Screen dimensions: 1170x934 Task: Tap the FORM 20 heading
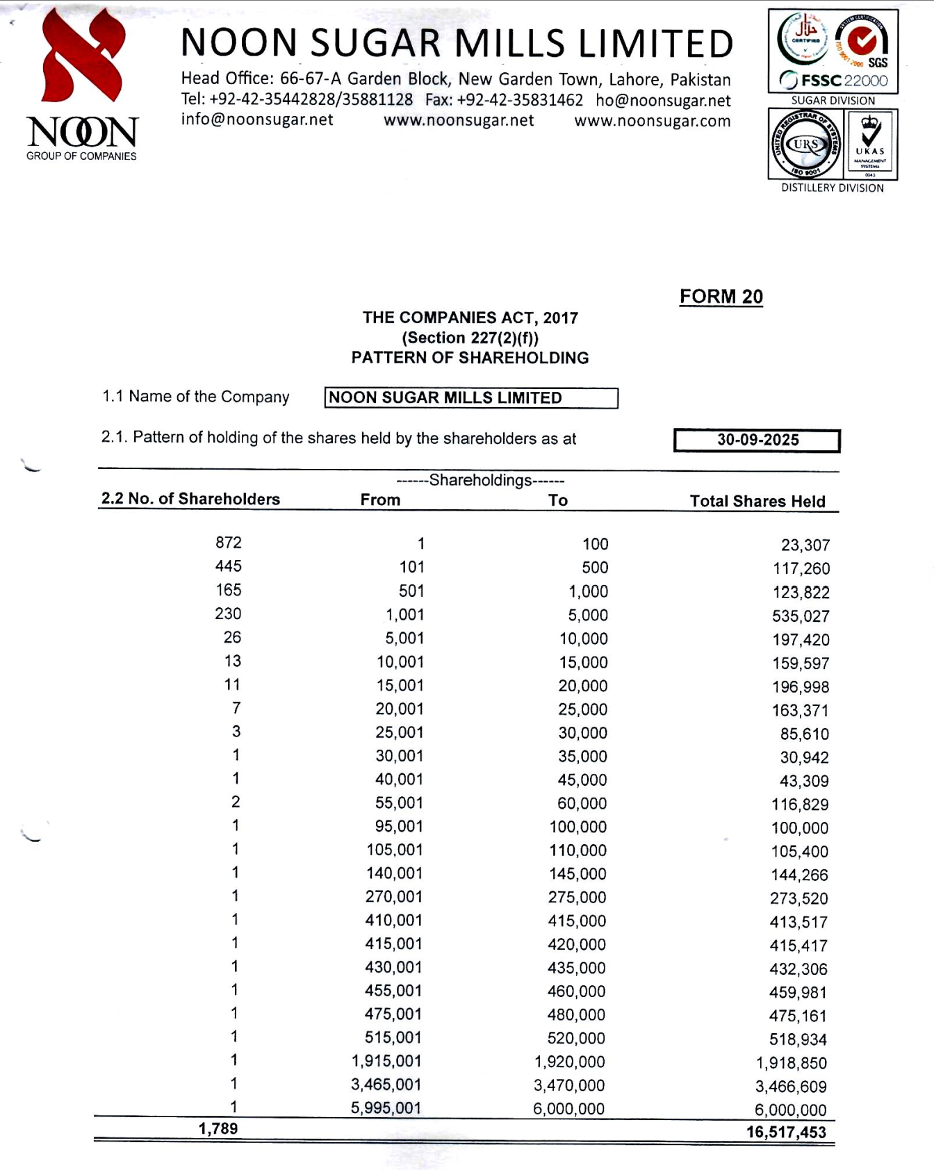click(x=721, y=297)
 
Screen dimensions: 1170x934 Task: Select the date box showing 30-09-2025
click(x=757, y=440)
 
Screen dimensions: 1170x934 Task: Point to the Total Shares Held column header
click(x=757, y=502)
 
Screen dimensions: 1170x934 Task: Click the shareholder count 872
click(x=229, y=543)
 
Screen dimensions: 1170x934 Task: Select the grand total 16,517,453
click(x=786, y=1132)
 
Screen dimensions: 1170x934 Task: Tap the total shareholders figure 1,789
click(x=218, y=1129)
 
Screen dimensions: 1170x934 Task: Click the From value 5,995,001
click(x=386, y=1108)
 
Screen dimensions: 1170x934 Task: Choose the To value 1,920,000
click(x=569, y=1062)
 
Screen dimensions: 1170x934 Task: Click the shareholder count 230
click(x=228, y=613)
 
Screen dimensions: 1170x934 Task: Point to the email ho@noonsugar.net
click(x=663, y=101)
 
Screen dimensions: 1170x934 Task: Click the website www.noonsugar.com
click(x=652, y=121)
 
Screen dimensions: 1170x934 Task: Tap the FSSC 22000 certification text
click(x=833, y=81)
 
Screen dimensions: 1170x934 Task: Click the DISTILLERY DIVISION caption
click(x=832, y=188)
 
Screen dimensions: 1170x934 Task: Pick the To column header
click(x=557, y=500)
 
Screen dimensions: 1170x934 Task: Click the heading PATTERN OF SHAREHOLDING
click(x=470, y=358)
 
